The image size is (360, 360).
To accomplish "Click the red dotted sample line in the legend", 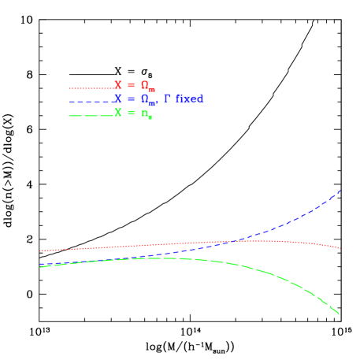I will click(91, 87).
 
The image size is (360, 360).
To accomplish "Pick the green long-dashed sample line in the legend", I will click(91, 116).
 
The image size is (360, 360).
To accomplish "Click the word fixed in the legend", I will click(190, 99).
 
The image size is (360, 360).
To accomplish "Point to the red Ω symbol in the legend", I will click(146, 85).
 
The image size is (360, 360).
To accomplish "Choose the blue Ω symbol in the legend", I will click(146, 99).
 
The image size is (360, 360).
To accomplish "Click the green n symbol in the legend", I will click(145, 113).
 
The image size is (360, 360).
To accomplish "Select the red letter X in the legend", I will click(118, 85).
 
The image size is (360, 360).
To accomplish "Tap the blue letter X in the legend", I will click(118, 99).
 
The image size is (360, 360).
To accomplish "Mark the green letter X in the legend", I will click(118, 113).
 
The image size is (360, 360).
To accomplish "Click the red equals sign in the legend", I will click(132, 85).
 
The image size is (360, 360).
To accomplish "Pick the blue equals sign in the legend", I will click(132, 99).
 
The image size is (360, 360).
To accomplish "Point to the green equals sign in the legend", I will click(132, 113).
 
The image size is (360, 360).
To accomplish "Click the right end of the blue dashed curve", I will click(340, 191).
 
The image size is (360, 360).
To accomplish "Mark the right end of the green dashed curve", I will click(339, 314).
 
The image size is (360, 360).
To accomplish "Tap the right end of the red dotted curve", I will click(340, 248).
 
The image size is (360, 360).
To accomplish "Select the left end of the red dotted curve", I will click(40, 251).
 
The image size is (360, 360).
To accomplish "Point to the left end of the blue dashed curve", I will click(40, 265).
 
